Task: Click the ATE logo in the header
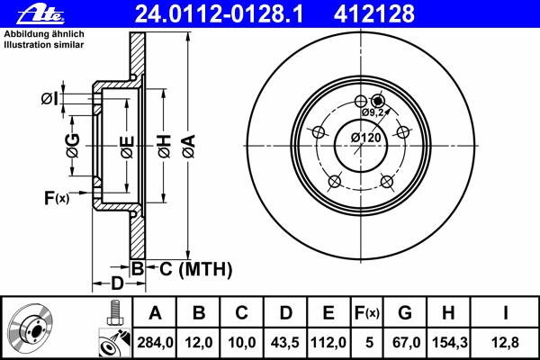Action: coord(40,14)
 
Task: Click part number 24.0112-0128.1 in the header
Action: coord(219,13)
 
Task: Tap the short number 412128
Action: coord(374,13)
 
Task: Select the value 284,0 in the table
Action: coord(155,342)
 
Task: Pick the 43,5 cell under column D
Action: coord(285,342)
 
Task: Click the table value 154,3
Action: coord(449,342)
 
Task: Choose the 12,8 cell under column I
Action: coord(505,342)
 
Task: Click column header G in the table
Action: coord(405,313)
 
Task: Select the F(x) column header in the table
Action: coord(367,313)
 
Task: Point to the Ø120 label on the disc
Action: coord(366,138)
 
